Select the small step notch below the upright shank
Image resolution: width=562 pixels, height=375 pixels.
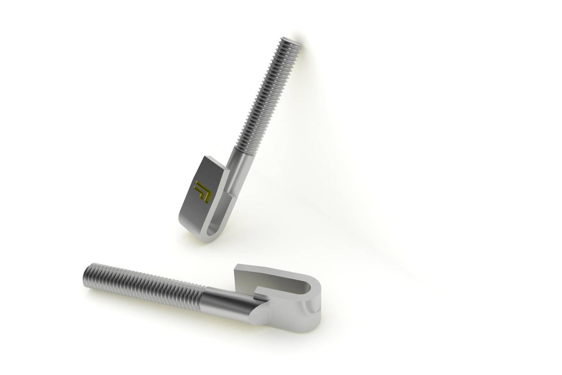pyautogui.click(x=233, y=194)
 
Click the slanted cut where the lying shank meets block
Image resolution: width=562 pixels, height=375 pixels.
pyautogui.click(x=258, y=311)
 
